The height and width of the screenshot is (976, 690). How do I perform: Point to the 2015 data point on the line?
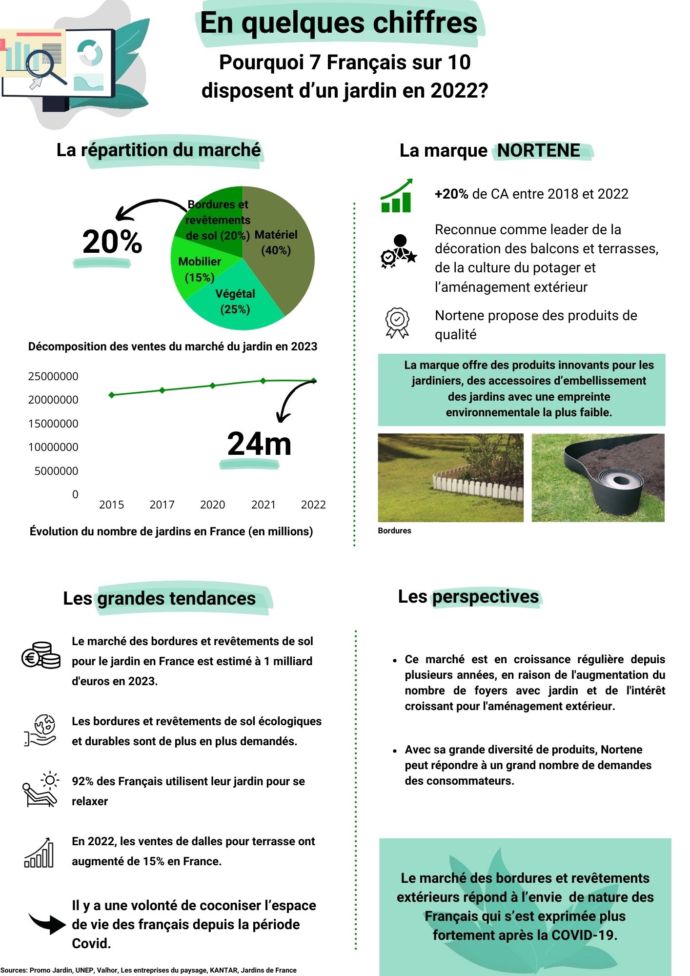point(112,395)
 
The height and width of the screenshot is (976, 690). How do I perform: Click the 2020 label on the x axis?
point(212,505)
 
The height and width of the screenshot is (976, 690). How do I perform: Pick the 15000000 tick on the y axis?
point(53,424)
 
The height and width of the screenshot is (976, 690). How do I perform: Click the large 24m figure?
point(259,444)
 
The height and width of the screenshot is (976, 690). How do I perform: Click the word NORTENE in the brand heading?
point(539,151)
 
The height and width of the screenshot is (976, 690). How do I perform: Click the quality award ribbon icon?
point(398,323)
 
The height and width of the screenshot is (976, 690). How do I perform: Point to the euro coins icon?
point(41,655)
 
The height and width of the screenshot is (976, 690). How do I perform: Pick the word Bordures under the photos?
point(394,531)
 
